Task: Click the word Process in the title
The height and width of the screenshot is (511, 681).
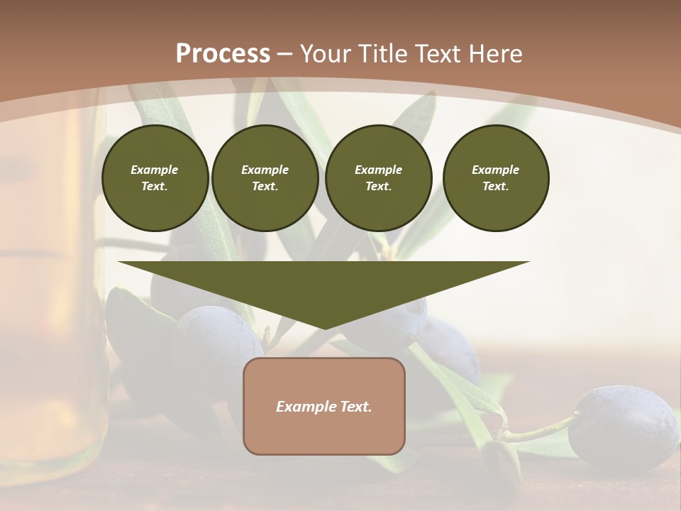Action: tap(223, 54)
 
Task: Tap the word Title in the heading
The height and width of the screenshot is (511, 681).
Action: tap(380, 54)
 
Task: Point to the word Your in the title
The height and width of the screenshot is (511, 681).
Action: tap(324, 54)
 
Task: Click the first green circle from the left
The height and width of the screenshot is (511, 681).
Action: tap(155, 178)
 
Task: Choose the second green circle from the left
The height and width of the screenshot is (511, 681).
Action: tap(265, 178)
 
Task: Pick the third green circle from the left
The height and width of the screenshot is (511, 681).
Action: tap(378, 178)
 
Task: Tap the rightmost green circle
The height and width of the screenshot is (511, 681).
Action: tap(495, 178)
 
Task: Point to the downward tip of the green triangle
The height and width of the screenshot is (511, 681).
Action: tap(324, 327)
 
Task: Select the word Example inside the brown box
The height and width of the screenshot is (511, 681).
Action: tap(304, 407)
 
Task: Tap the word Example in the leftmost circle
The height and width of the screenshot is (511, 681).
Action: tap(155, 170)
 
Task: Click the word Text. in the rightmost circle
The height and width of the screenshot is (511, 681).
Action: tap(495, 187)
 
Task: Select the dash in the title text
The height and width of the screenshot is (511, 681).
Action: tap(284, 54)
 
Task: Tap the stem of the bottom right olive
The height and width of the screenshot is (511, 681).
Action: tap(539, 430)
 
